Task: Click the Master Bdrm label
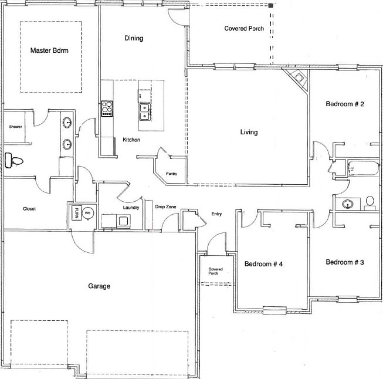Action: [49, 50]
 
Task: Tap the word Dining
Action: [134, 38]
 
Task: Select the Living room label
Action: [249, 132]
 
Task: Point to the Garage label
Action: [99, 286]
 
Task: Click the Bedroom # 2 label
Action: [345, 104]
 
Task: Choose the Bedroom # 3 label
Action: [345, 262]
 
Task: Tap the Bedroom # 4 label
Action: [263, 264]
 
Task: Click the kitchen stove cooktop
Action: [107, 109]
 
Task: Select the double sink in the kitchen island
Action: [145, 112]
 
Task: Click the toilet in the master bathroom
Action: [13, 160]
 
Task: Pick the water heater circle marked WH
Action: [87, 213]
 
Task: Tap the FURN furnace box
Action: [76, 213]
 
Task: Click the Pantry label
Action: [171, 174]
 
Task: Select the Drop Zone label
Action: [165, 207]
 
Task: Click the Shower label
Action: [15, 127]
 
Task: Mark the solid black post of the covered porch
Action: [270, 6]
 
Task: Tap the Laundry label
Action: [131, 208]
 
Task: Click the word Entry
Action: [216, 214]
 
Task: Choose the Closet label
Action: [29, 209]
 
